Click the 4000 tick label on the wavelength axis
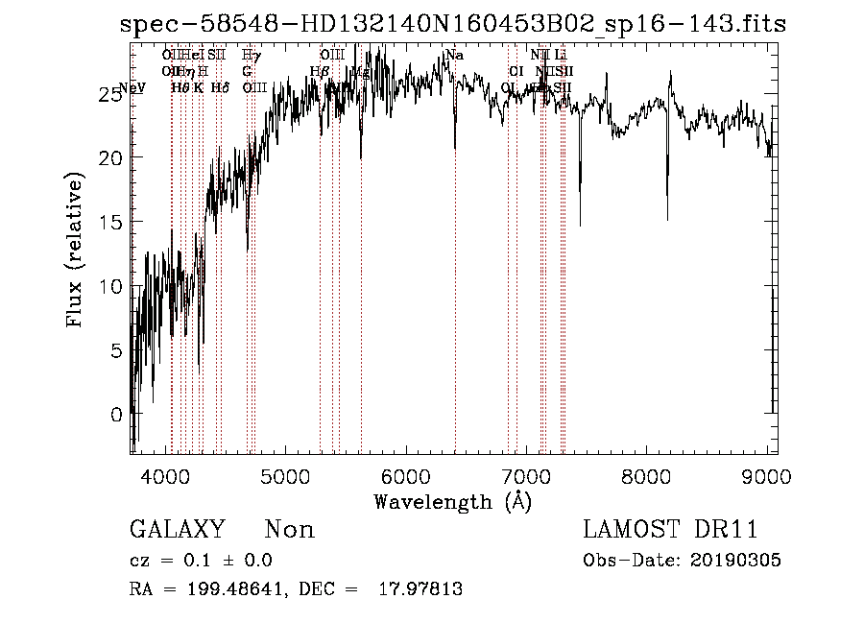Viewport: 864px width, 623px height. click(165, 476)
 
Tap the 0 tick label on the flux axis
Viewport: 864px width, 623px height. click(116, 415)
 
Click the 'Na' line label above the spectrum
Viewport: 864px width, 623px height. click(455, 56)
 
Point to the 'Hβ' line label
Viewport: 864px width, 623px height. click(321, 71)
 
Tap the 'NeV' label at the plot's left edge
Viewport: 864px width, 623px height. click(132, 87)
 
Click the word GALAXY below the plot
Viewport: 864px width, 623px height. click(177, 530)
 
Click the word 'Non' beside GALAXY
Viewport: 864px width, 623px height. click(289, 530)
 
